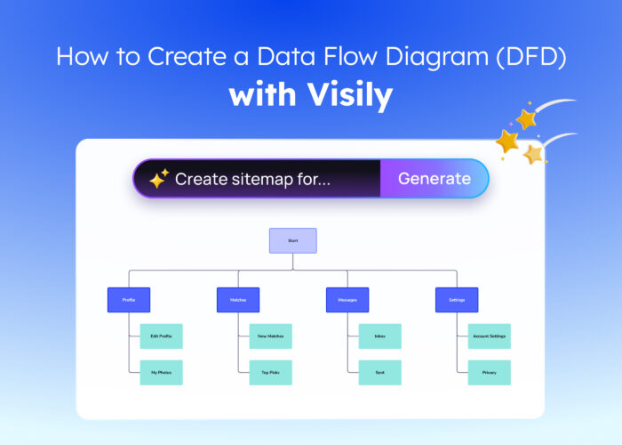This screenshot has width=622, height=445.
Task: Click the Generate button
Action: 434,179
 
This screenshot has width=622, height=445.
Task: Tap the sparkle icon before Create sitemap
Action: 158,180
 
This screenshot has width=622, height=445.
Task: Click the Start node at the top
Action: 293,240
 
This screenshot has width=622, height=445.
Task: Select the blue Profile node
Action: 129,300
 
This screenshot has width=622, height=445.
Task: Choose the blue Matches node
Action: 238,300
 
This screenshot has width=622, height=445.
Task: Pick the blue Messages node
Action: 347,300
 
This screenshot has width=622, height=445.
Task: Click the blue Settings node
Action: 457,300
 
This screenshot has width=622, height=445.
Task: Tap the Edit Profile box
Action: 162,336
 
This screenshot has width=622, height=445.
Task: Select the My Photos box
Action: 162,372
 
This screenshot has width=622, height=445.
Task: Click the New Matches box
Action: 271,336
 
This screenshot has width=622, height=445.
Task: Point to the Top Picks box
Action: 271,372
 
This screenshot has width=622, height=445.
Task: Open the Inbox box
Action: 380,336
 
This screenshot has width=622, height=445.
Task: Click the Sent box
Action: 380,372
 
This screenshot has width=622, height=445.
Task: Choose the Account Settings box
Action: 490,336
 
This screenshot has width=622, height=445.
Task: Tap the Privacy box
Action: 490,372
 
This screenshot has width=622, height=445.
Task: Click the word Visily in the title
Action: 347,94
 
